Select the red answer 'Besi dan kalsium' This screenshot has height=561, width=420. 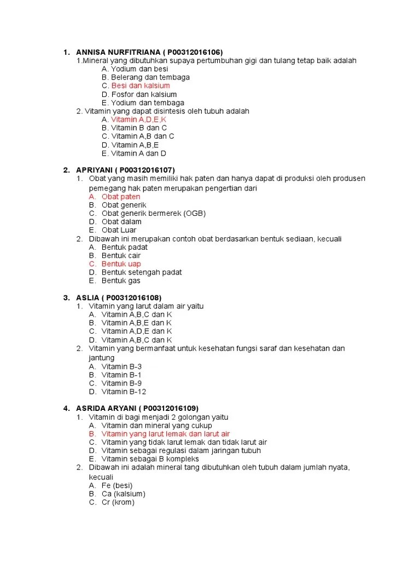141,86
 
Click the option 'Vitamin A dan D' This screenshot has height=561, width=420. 138,153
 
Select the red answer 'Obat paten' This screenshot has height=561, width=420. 121,197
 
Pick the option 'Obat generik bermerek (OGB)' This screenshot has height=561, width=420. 154,213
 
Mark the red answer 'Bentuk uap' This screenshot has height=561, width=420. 121,264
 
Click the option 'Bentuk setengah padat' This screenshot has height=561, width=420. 142,272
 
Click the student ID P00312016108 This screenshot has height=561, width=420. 131,297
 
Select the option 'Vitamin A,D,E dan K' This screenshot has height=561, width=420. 137,331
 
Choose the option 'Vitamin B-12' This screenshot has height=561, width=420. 124,392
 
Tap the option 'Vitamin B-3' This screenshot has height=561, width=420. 122,367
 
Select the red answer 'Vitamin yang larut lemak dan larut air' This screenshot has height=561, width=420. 166,434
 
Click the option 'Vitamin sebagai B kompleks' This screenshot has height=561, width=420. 150,459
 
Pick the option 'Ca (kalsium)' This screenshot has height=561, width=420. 124,494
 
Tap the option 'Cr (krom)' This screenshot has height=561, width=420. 118,502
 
